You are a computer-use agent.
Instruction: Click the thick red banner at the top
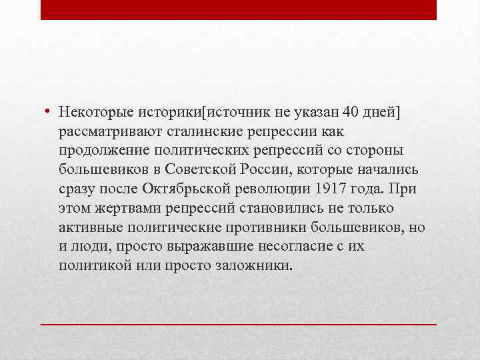[239, 9]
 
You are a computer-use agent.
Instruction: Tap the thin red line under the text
[239, 323]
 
